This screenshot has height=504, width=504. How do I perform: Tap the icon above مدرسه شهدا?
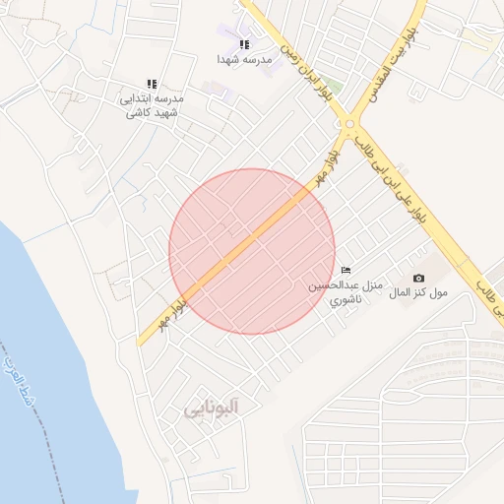tap(244, 44)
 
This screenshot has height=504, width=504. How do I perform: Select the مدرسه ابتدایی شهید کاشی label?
tap(151, 105)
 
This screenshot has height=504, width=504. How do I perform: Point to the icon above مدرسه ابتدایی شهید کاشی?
tap(152, 84)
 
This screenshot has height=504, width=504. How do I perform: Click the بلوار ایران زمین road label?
tap(306, 73)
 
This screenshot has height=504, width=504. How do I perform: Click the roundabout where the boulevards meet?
tap(349, 125)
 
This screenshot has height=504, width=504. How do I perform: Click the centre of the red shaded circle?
tap(252, 251)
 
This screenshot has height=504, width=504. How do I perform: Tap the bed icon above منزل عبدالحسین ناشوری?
tap(346, 270)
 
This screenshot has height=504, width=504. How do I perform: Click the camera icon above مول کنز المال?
tap(419, 279)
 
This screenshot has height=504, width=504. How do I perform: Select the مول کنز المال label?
tap(418, 293)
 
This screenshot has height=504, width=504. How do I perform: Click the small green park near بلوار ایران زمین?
tap(334, 87)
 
